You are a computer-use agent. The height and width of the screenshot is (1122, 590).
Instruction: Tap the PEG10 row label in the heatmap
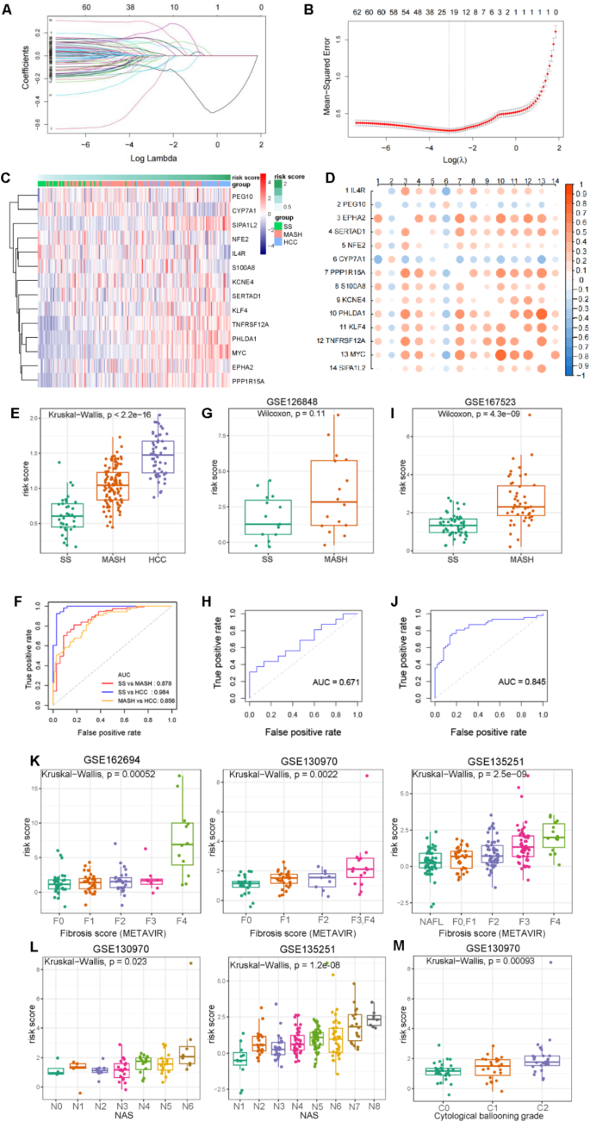[242, 196]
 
